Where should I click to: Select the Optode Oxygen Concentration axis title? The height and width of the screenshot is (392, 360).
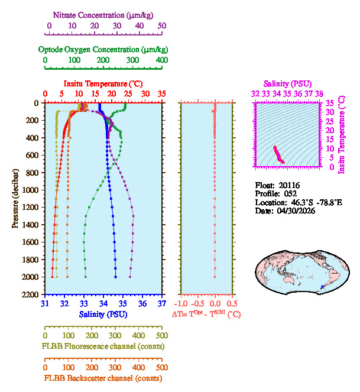(x=103, y=49)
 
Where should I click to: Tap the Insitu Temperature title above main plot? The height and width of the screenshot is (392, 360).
(x=103, y=84)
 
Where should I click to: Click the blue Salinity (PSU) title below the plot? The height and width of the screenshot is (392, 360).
(x=103, y=314)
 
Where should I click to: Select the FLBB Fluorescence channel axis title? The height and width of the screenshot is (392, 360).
(x=103, y=346)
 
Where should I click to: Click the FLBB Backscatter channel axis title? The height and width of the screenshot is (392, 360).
(x=103, y=378)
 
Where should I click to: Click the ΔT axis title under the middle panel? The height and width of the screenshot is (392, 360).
(x=206, y=315)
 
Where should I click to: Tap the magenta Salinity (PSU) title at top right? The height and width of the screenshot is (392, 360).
(x=287, y=84)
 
